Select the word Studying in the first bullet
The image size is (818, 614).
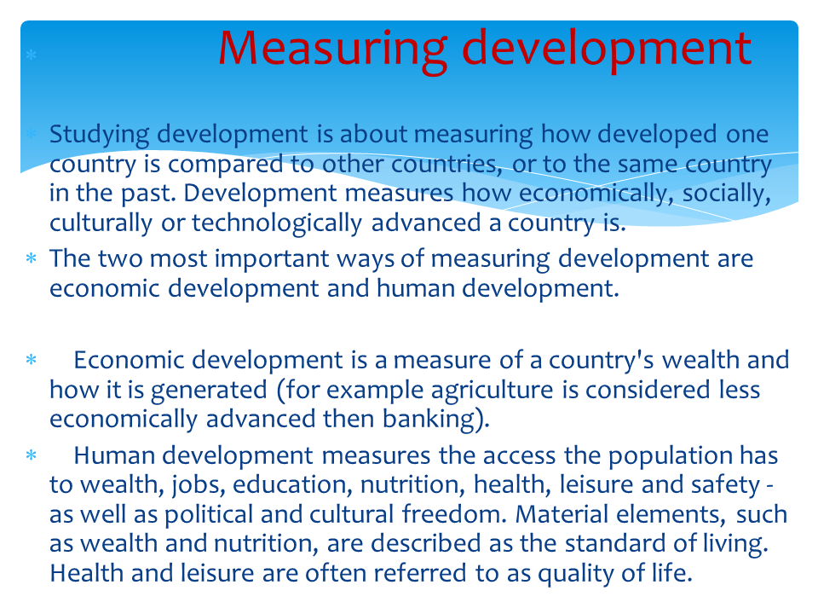(99, 136)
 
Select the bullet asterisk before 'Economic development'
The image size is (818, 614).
(31, 362)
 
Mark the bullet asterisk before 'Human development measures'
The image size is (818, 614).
(31, 457)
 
